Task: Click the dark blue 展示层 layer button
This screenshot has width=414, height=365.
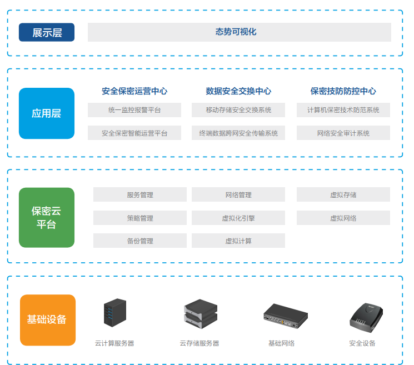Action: (x=47, y=32)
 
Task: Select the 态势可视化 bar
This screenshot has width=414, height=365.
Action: (x=239, y=32)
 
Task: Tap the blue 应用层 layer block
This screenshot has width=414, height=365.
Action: (x=46, y=113)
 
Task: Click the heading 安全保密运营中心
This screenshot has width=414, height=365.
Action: (x=134, y=91)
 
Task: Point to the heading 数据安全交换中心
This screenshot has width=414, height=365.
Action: (x=238, y=91)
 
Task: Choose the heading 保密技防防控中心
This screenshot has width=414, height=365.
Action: (x=343, y=91)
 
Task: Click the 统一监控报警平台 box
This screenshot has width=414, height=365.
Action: (x=134, y=110)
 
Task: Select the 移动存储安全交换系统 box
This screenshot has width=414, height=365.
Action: (x=238, y=110)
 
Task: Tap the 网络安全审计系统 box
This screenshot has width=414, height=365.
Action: (x=343, y=133)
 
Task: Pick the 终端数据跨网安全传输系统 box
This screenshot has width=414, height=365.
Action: (x=238, y=133)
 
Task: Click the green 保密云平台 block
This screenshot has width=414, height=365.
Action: (x=46, y=218)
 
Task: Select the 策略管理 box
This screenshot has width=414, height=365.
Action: (x=139, y=218)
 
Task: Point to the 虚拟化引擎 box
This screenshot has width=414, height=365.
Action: (x=238, y=218)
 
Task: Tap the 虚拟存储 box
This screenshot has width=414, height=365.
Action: (x=343, y=195)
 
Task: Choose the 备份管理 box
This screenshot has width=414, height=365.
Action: (x=139, y=241)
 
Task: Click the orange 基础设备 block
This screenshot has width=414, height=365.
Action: (x=47, y=319)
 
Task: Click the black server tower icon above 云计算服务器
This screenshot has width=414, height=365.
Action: (x=115, y=313)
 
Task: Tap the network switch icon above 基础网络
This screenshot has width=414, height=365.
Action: (x=285, y=315)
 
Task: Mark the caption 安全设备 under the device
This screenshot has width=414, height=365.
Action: (x=362, y=343)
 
